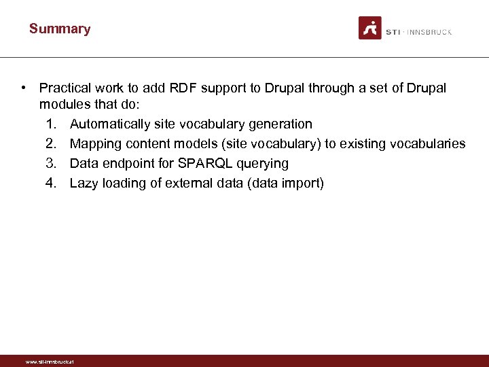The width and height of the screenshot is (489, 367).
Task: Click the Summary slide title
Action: pos(60,29)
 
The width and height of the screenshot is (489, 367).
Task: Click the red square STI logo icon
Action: pos(370,28)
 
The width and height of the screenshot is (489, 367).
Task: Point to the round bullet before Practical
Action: pos(24,88)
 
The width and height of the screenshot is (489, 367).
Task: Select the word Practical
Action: pos(65,88)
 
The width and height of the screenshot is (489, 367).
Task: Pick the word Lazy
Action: pos(84,183)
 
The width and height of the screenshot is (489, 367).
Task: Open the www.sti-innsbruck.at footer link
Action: pos(50,362)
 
